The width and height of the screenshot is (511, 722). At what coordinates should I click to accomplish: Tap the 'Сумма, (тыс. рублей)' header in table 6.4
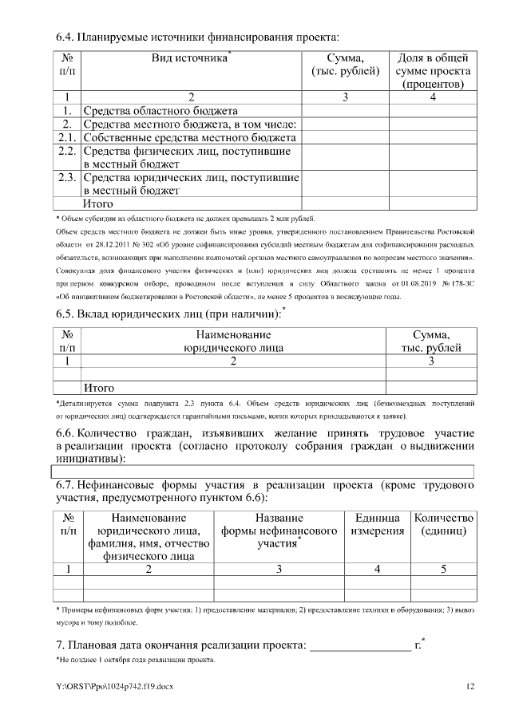[346, 65]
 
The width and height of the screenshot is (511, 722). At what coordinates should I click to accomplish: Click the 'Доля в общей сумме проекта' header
[433, 70]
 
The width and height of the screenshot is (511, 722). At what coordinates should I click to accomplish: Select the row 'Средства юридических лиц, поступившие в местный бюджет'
[191, 183]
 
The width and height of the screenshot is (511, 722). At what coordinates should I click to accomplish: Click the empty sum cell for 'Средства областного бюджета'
[346, 111]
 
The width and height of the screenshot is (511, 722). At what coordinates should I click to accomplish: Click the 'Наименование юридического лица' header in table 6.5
[233, 341]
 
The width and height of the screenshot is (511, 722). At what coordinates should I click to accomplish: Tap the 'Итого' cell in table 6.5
[100, 389]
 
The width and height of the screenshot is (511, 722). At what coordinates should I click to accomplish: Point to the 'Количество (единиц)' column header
[444, 524]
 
